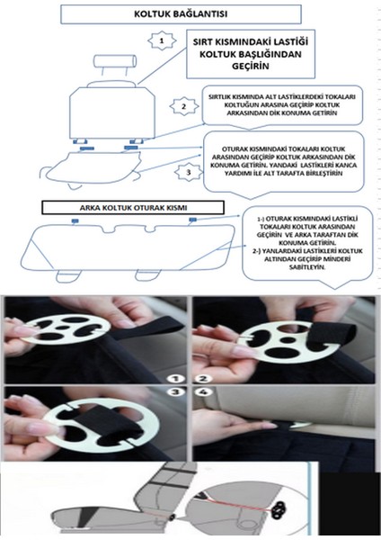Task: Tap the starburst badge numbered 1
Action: coord(160,41)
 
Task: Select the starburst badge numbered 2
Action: coord(183,106)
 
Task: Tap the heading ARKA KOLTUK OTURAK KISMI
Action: coord(135,206)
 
